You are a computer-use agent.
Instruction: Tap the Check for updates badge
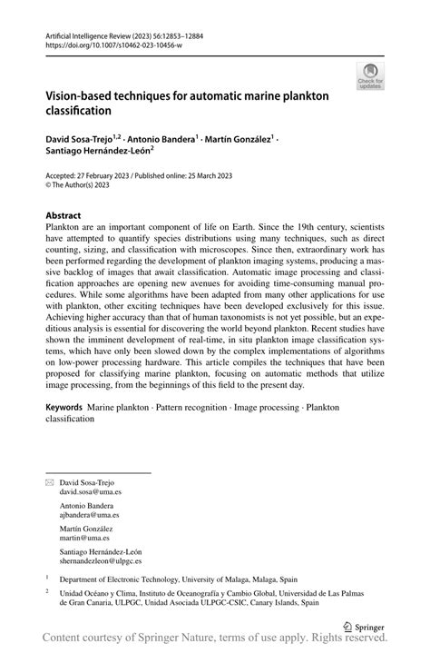tap(371, 77)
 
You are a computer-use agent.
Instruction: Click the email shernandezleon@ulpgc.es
tap(101, 560)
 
